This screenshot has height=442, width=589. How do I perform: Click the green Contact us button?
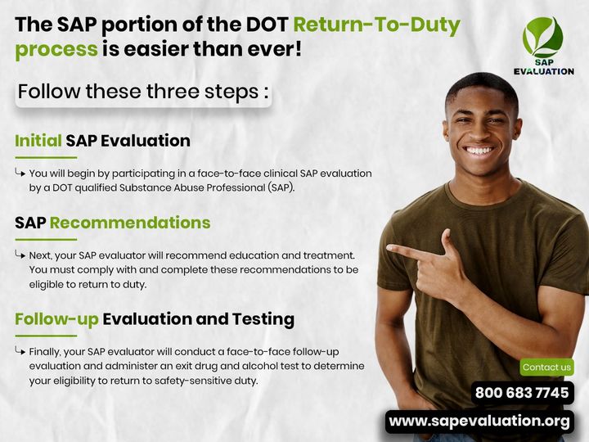[546, 368]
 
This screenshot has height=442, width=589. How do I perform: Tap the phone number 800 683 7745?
[522, 393]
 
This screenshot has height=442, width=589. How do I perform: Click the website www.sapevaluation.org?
[479, 422]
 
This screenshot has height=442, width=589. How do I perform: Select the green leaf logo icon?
[543, 37]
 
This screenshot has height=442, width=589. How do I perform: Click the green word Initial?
[38, 141]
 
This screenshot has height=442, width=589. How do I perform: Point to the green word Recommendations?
[130, 223]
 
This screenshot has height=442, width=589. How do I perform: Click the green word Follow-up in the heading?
[56, 319]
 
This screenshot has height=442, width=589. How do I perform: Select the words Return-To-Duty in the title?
[377, 25]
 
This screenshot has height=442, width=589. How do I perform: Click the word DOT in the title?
[267, 25]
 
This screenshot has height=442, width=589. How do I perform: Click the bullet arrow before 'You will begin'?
[20, 173]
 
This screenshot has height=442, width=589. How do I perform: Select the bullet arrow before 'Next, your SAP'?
[20, 255]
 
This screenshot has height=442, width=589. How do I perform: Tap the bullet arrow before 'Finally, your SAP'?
[20, 351]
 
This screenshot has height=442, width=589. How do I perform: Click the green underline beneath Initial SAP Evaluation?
[46, 157]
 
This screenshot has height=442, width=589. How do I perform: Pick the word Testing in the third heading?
[263, 319]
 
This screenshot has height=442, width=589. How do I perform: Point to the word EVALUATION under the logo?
[543, 71]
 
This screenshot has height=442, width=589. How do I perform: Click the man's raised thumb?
[447, 241]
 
